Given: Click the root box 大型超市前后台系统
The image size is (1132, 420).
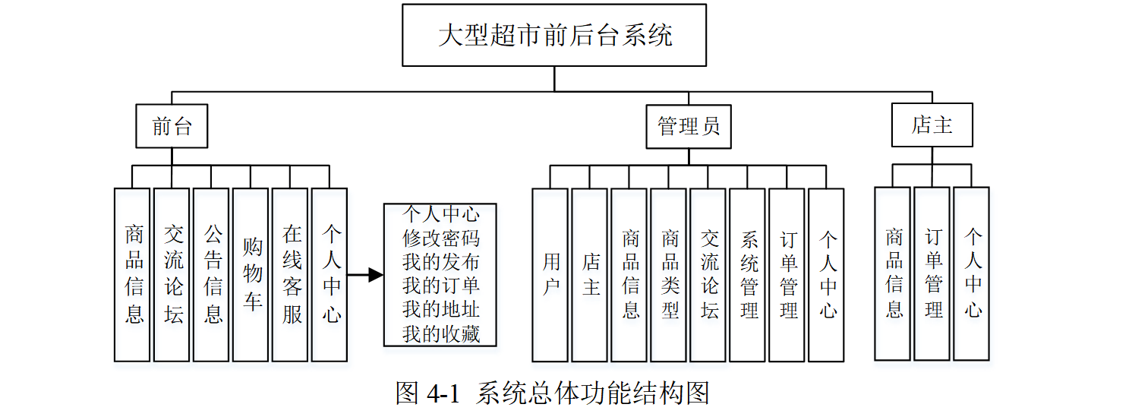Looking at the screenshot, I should pos(554,35).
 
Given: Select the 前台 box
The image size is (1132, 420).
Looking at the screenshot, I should pos(172,125).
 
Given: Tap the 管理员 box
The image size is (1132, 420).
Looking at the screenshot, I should pos(689,125).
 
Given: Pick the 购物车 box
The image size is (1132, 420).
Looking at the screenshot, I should pos(251,274).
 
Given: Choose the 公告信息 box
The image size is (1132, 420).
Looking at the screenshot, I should pos(211,274).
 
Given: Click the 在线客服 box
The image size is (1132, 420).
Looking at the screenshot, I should pos(290,274).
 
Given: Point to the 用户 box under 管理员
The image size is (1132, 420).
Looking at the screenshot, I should pos(550,274).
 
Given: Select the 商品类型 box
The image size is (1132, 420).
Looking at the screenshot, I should pos(668,274).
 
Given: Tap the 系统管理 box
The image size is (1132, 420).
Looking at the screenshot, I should pos(747,274).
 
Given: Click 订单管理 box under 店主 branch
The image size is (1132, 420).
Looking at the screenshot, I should pos(932,273).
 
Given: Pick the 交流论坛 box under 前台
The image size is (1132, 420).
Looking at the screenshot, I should pos(172,274).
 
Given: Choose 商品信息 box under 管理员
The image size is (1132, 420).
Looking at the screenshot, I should pos(629,274).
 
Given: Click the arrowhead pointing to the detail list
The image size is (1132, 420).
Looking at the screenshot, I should pos(375,275).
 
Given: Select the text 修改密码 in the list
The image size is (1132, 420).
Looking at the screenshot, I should pos(440,238).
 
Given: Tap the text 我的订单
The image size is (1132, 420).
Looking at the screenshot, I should pos(440,286).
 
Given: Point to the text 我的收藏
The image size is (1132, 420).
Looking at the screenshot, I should pos(440,333).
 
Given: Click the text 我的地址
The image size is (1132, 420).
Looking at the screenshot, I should pos(440,310).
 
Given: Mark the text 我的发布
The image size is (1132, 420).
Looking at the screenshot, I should pos(440,262).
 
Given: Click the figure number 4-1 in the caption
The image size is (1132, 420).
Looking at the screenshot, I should pos(444,393).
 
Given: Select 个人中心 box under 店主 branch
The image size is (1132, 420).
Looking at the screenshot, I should pos(971,273).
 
